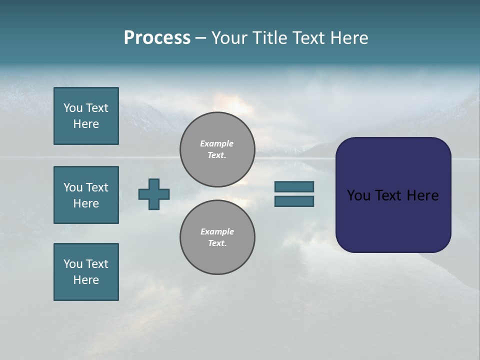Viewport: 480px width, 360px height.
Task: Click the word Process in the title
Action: tap(157, 38)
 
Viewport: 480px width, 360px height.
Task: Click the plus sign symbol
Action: tap(153, 194)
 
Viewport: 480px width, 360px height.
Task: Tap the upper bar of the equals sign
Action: tap(294, 186)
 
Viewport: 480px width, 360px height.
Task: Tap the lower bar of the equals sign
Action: tap(294, 201)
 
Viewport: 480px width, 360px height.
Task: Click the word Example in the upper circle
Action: tap(216, 143)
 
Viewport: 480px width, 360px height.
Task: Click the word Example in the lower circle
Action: tap(217, 231)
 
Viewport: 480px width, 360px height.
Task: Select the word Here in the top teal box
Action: tap(86, 124)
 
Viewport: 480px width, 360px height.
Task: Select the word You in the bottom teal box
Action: tap(73, 264)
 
